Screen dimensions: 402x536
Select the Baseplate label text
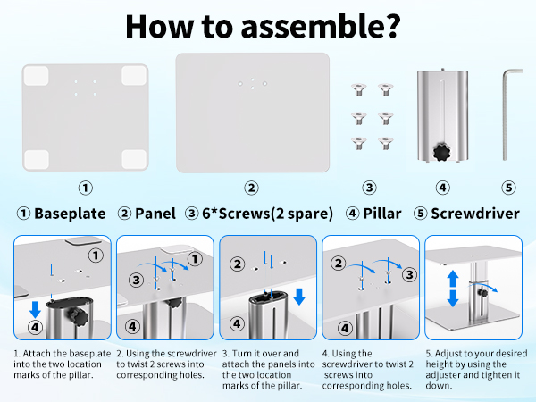(70, 214)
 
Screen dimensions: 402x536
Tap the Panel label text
(154, 214)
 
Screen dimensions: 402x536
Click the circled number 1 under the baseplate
(85, 188)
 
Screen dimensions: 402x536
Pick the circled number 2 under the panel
(252, 188)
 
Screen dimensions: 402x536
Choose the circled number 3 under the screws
(369, 188)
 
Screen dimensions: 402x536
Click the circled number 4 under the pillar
(440, 188)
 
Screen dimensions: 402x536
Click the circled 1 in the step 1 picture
(96, 255)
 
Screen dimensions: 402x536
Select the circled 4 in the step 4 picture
(339, 326)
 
